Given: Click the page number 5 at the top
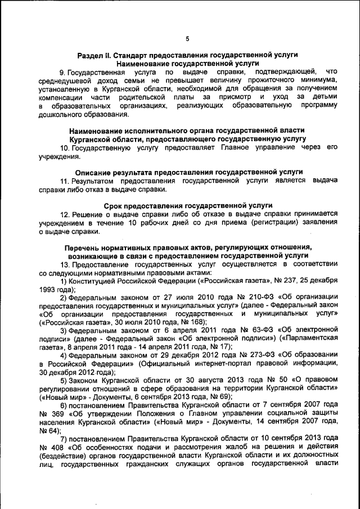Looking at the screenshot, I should (x=187, y=38).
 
